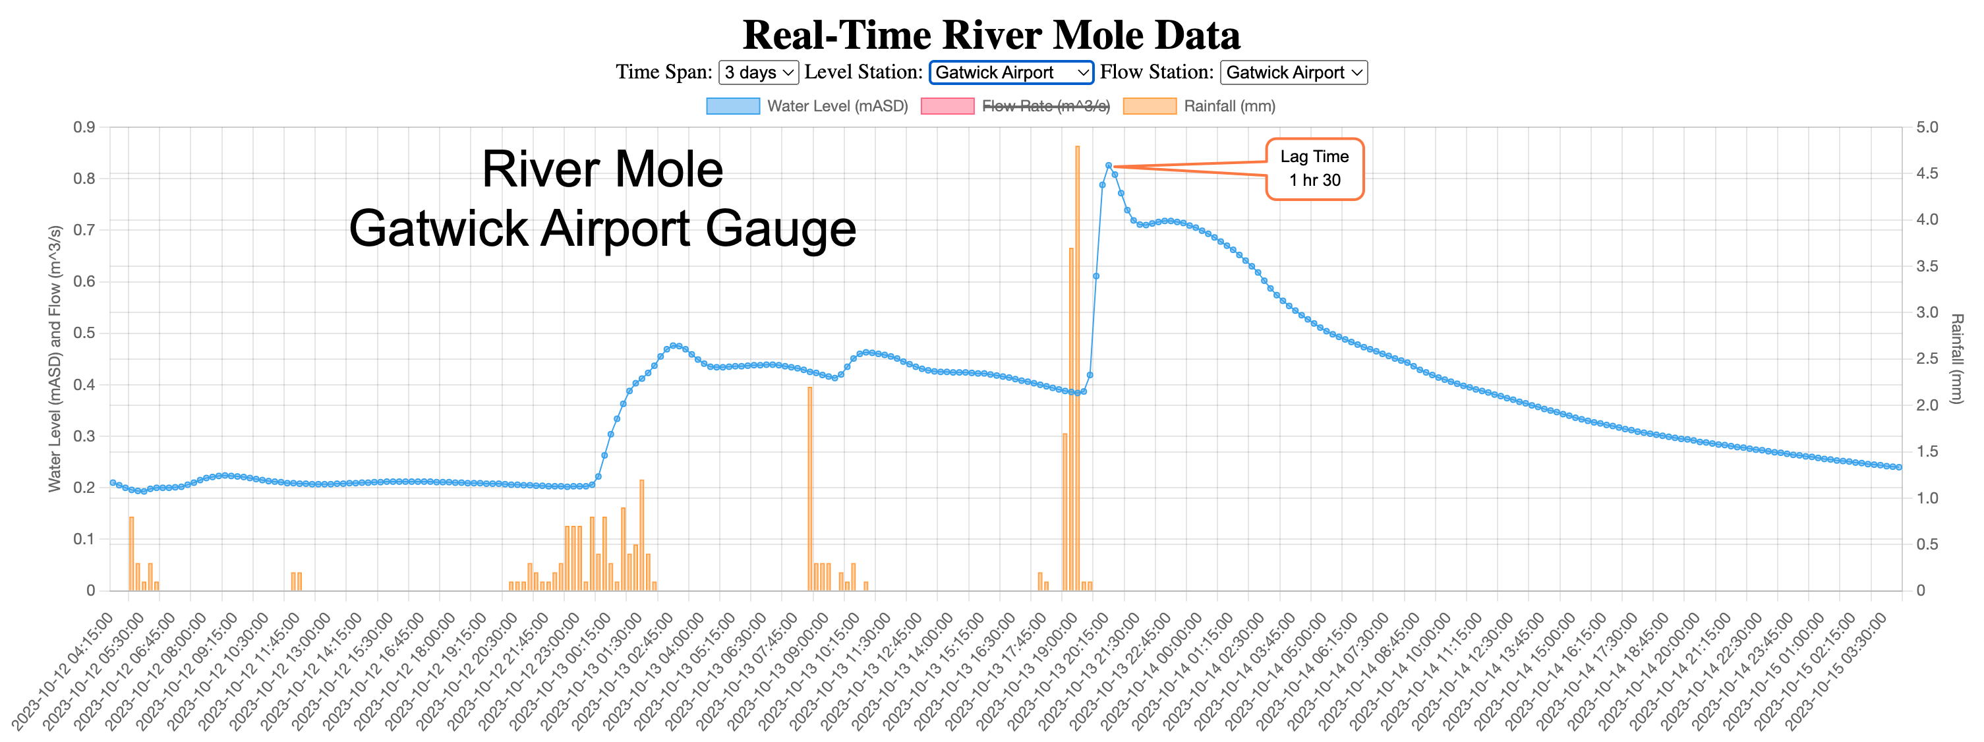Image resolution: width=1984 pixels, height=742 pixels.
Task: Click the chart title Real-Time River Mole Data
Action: [x=991, y=35]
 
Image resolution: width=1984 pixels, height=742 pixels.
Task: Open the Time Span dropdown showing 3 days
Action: [x=758, y=72]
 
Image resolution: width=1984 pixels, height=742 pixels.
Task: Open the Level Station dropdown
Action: [x=1010, y=72]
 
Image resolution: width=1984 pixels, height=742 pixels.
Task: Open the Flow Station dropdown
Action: [x=1293, y=72]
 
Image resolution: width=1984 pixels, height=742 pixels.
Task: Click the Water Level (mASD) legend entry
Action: [x=807, y=106]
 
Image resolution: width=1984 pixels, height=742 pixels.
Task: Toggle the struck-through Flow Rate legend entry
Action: [x=1015, y=106]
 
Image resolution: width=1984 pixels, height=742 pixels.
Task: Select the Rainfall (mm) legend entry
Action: [x=1199, y=106]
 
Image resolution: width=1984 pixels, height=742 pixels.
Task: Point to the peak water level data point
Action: [x=1108, y=165]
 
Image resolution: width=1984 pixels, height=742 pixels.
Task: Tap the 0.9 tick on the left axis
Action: [x=85, y=127]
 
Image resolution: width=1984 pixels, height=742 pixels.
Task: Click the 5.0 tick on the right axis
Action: [x=1927, y=127]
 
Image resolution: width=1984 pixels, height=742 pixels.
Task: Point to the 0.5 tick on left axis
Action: [x=85, y=333]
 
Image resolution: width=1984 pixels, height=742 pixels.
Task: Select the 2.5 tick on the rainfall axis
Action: [x=1927, y=358]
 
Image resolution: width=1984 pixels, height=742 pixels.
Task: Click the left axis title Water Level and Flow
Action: [x=55, y=358]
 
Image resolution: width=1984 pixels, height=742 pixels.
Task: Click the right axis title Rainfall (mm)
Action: [x=1956, y=358]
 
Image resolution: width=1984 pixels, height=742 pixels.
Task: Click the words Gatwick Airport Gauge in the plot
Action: [x=602, y=229]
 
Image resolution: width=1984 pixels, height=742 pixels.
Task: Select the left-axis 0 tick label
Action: [x=91, y=590]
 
